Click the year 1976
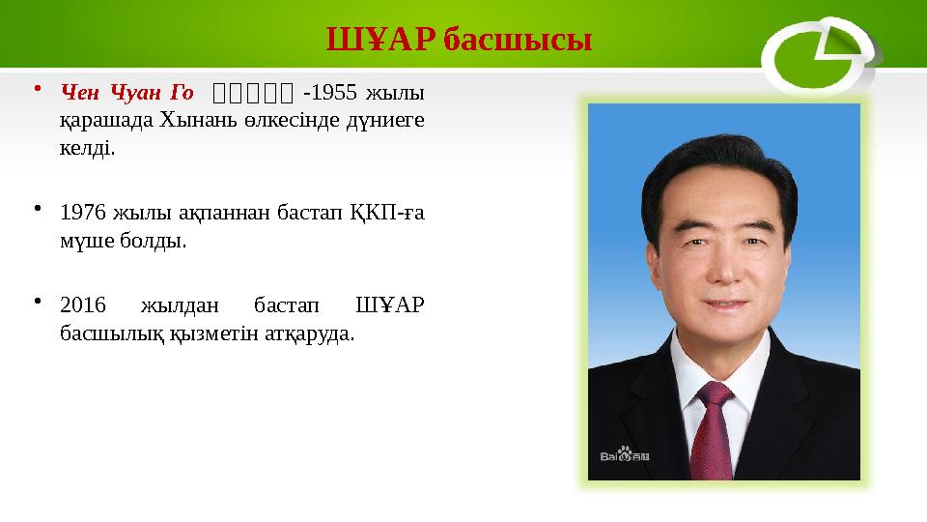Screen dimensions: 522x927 [x=81, y=211]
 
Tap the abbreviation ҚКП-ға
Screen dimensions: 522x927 [x=379, y=211]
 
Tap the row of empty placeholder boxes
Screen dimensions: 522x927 [x=253, y=94]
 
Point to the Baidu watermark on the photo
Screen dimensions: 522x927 [x=624, y=455]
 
